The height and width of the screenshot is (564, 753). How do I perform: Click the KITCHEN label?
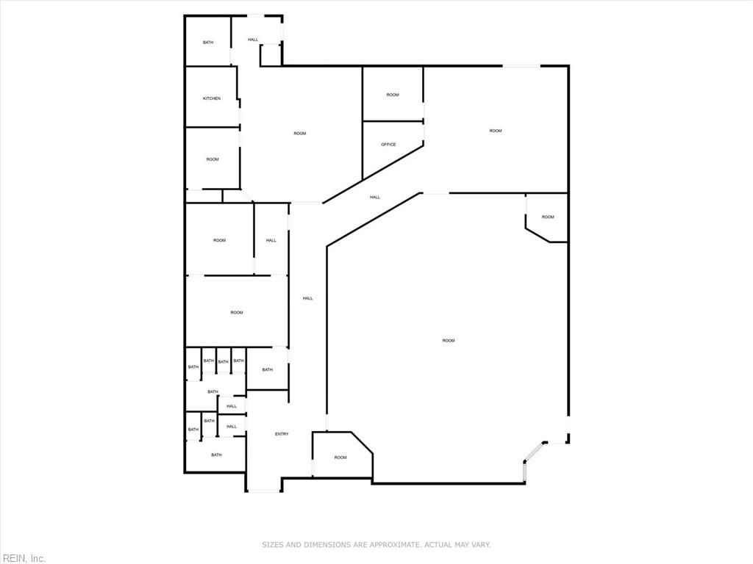[x=212, y=98]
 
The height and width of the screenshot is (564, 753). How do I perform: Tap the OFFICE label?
[x=388, y=145]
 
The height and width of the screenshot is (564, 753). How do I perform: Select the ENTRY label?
[x=282, y=434]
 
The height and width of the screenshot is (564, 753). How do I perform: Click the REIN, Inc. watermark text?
[x=23, y=559]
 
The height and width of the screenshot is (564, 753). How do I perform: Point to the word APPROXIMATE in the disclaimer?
[x=392, y=545]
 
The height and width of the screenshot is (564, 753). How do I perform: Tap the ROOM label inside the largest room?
[x=449, y=341]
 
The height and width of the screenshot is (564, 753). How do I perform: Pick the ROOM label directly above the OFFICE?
[x=393, y=95]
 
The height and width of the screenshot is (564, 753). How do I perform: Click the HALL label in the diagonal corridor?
[x=375, y=197]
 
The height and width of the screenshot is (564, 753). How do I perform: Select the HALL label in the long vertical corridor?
[x=307, y=298]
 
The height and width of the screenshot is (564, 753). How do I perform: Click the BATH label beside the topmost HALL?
[x=208, y=43]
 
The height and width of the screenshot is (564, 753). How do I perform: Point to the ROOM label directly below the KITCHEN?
[x=213, y=159]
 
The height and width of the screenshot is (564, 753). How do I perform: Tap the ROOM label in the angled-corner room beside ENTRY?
[x=340, y=458]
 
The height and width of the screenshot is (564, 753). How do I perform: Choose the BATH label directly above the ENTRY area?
[x=267, y=369]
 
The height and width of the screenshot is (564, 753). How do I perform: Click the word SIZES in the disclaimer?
[x=273, y=545]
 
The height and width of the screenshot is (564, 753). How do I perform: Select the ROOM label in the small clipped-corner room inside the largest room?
[x=548, y=217]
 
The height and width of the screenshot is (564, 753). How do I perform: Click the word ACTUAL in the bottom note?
[x=440, y=545]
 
